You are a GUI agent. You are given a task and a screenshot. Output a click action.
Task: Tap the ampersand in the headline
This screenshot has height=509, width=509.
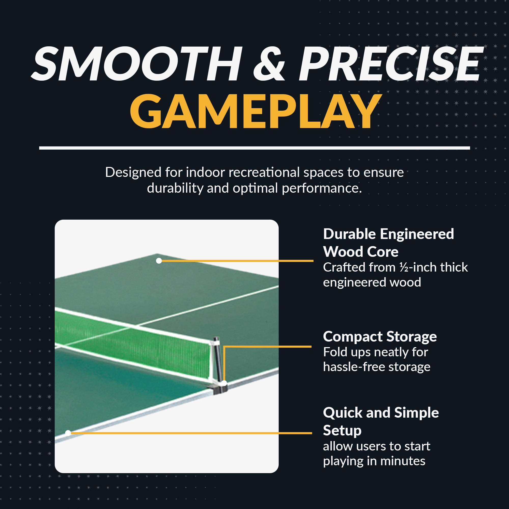coord(269,64)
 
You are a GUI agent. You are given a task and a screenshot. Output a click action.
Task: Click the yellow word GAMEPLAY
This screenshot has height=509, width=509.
coord(255,112)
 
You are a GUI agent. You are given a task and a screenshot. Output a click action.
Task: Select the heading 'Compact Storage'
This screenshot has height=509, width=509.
coord(380,337)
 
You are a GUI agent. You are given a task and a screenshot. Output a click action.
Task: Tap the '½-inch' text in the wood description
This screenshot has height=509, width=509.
coord(418,267)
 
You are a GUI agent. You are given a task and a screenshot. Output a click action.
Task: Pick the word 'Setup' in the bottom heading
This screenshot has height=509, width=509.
coord(342,431)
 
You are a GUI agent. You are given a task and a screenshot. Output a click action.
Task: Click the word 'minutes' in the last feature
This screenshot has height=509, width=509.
coord(403,461)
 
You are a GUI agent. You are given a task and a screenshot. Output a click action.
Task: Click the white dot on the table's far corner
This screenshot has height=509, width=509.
coord(159,261)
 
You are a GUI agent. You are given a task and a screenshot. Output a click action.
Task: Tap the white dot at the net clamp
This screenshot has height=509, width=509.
coord(224,383)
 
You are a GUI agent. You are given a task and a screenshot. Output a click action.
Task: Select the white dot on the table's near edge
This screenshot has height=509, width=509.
coord(68,433)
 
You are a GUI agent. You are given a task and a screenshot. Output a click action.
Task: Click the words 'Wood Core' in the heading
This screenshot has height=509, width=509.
coord(361,252)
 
